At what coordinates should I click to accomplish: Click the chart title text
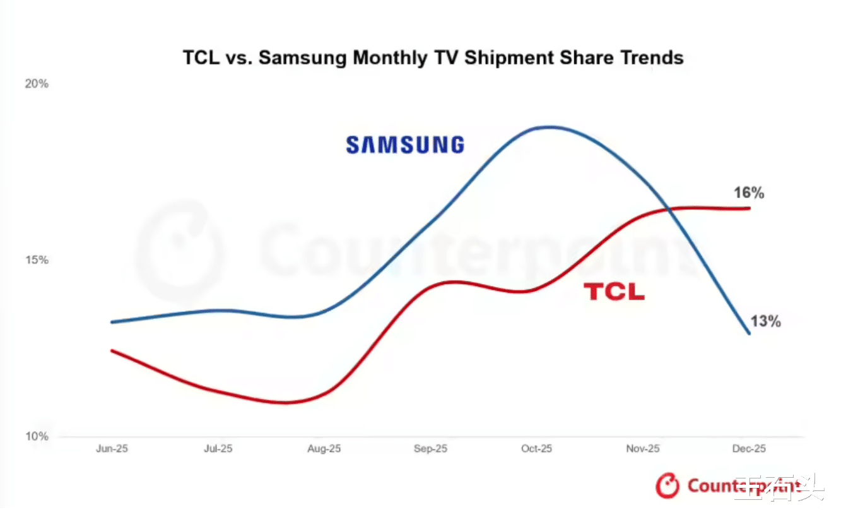433,58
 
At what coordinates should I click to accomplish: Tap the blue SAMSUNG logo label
405,145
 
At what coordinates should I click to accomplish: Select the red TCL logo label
614,292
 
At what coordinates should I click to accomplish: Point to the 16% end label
749,193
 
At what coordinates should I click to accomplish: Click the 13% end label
766,321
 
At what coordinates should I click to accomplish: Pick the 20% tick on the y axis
37,84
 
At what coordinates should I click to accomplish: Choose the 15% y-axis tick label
37,260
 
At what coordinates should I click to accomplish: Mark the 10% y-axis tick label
37,436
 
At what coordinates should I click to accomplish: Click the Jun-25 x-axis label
112,449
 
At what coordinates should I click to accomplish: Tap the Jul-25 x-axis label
218,449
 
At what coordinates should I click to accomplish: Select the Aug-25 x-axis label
324,449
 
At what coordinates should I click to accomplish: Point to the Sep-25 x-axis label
430,449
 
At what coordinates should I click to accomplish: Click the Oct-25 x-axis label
536,449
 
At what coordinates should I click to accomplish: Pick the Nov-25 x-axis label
643,449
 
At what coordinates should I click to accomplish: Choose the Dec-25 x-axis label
749,449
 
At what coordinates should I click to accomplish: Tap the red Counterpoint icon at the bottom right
668,485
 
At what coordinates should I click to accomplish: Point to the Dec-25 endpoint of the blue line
749,333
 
